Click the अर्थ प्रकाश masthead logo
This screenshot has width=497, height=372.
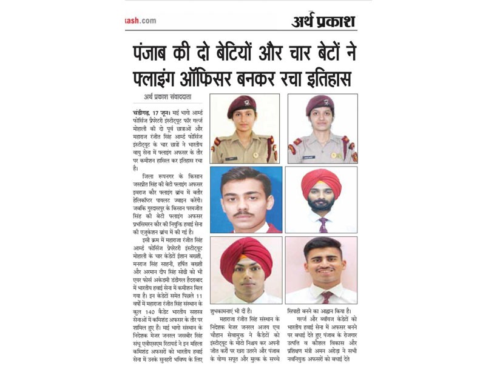pyautogui.click(x=323, y=21)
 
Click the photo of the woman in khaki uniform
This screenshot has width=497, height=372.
pyautogui.click(x=245, y=128)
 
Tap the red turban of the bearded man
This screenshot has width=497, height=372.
pyautogui.click(x=321, y=179)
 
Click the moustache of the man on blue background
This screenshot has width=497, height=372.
pyautogui.click(x=245, y=213)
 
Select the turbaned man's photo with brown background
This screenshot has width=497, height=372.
pyautogui.click(x=245, y=270)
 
